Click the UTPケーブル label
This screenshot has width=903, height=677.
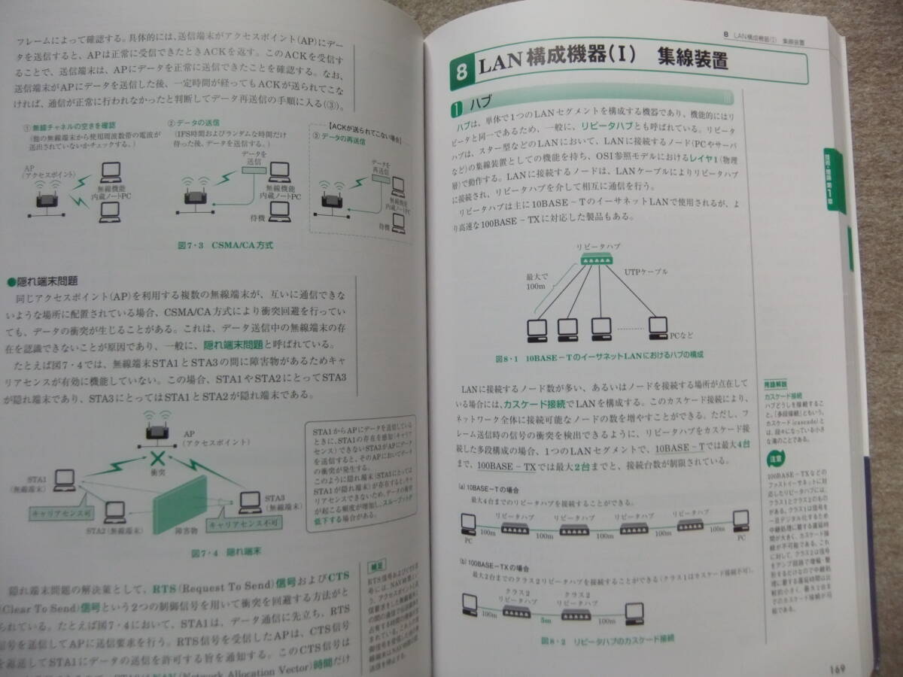point(646,271)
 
